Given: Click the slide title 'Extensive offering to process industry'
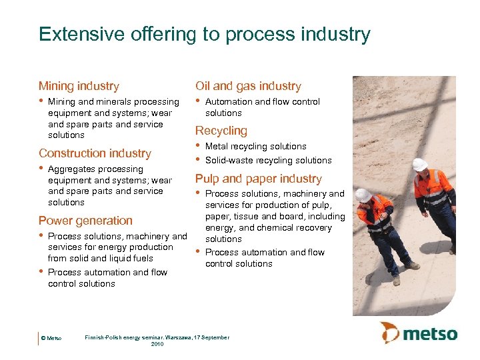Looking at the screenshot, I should (x=204, y=34).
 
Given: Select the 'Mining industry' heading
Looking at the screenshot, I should (x=79, y=86).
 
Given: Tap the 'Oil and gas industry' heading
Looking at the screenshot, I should (x=248, y=86).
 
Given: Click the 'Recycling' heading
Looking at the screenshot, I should (x=221, y=131).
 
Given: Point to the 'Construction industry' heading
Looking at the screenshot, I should (x=95, y=153).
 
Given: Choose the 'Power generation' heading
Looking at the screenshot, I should (x=85, y=221).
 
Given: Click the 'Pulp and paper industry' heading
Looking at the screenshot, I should (x=258, y=179).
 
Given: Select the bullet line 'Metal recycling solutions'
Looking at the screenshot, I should (x=255, y=146).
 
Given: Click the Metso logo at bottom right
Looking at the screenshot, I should (x=419, y=333).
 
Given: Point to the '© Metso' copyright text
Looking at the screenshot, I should (x=51, y=339).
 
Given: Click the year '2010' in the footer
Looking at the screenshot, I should (x=157, y=344).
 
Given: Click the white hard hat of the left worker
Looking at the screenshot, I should (x=363, y=195).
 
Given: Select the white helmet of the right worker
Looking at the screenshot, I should (x=419, y=164).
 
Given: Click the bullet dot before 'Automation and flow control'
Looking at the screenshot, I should (x=197, y=101).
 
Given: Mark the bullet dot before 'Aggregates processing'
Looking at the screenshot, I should (x=41, y=169).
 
